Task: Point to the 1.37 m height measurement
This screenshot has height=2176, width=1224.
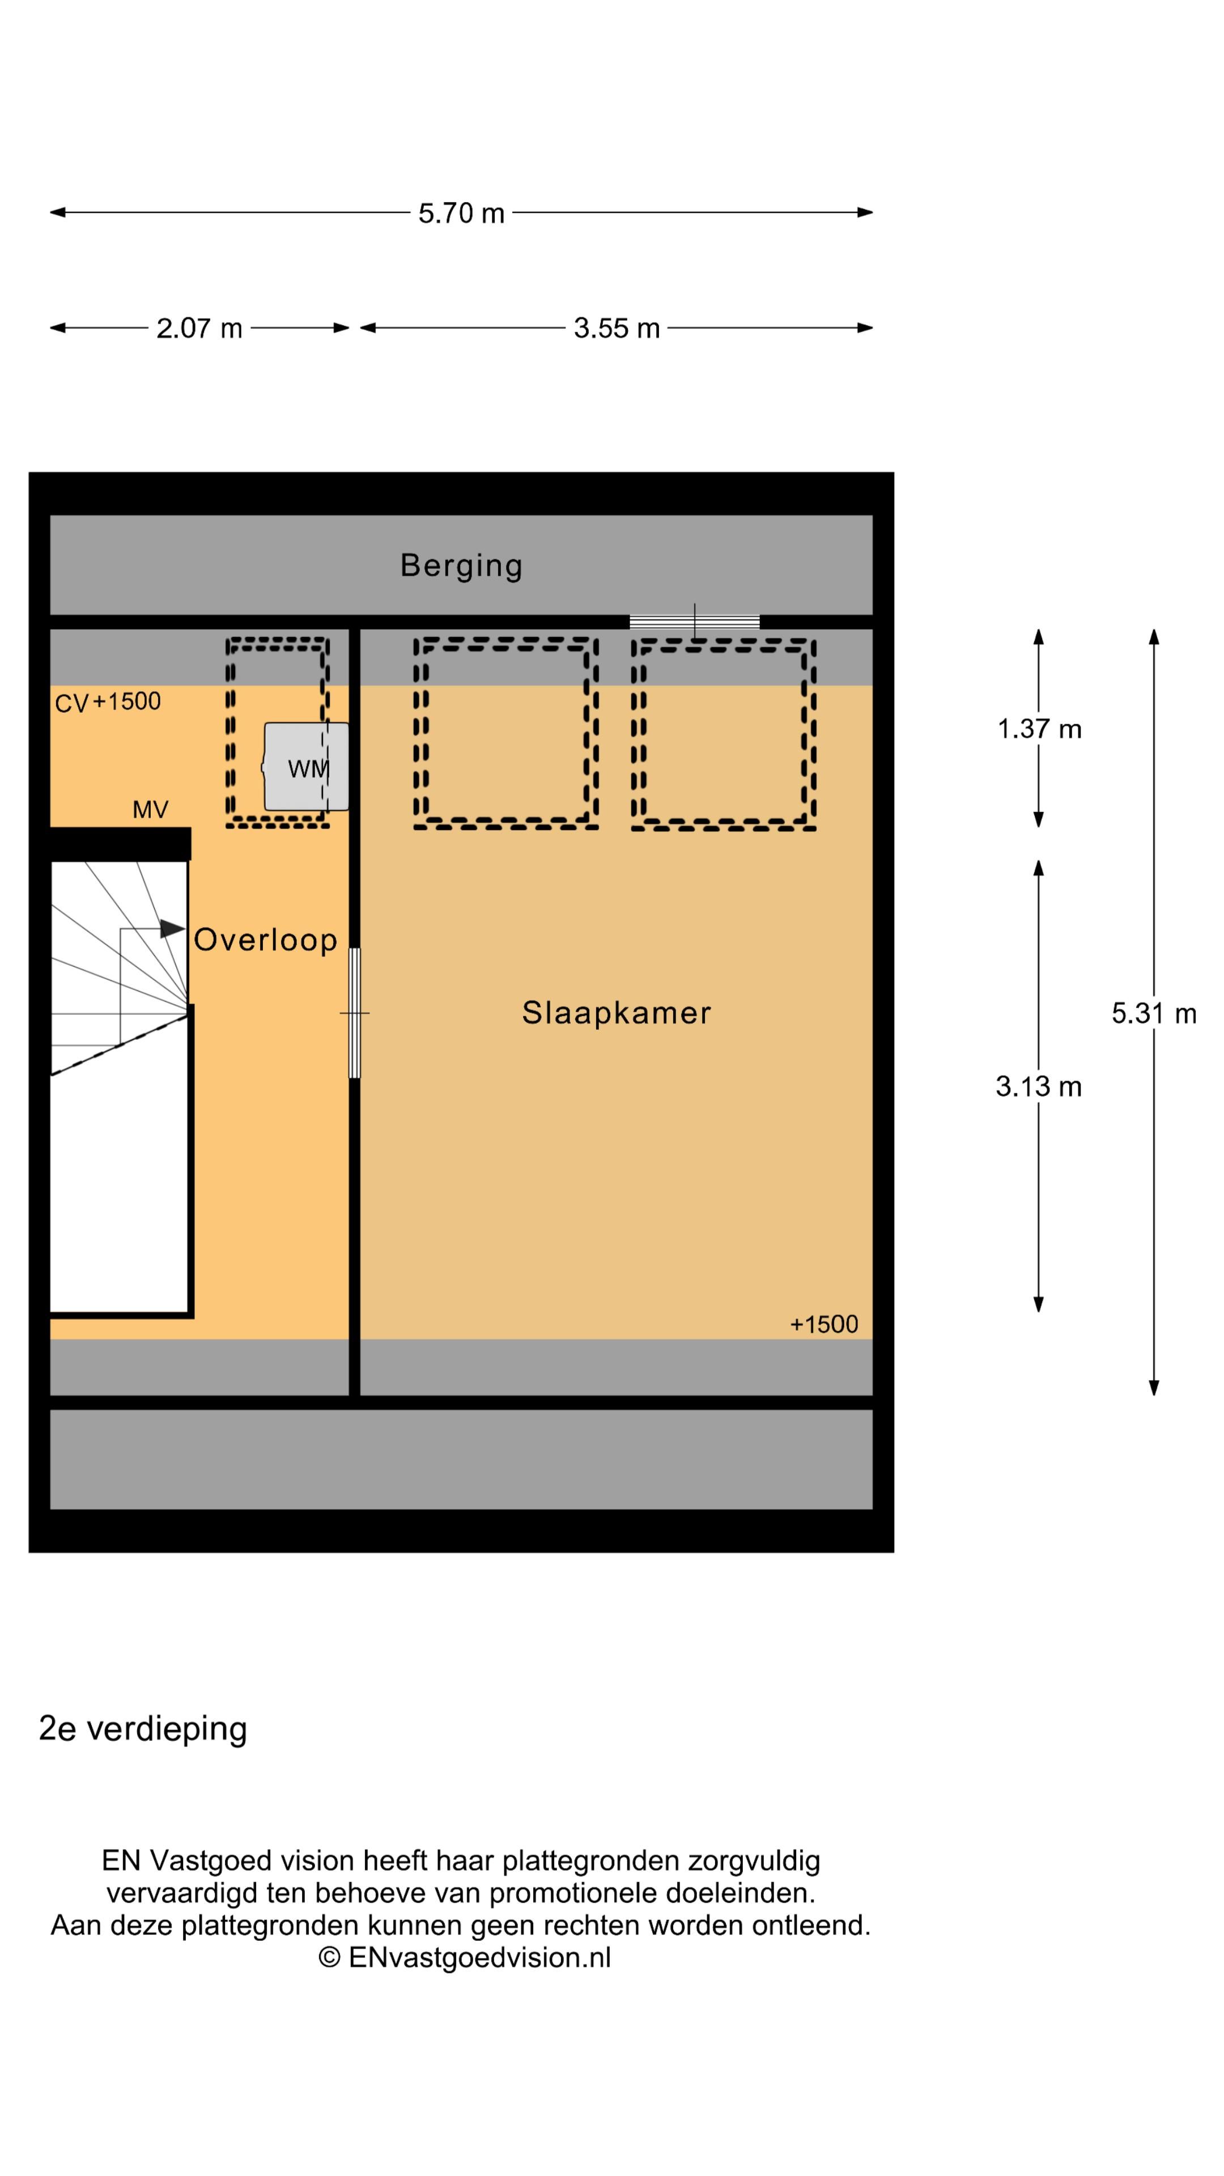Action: coord(1038,728)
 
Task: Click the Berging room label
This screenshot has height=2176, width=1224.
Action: coord(461,565)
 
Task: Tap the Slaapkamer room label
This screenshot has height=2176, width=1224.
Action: coord(616,1012)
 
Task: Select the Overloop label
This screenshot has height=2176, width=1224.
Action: coord(265,940)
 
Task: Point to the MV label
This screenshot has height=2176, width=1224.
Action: coord(150,810)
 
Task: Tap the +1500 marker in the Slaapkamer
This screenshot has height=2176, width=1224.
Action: coord(823,1324)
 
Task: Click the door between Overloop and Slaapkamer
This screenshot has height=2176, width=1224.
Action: coord(355,1012)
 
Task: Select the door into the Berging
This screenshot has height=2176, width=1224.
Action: coord(694,622)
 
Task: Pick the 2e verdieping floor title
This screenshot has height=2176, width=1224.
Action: coord(143,1728)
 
